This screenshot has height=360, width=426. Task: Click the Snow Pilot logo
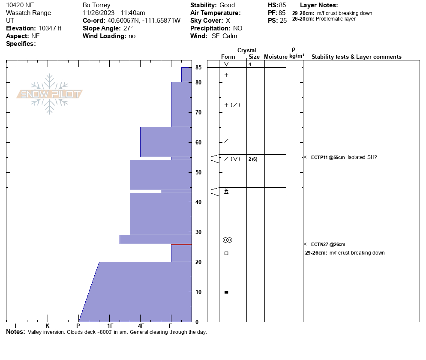(50, 94)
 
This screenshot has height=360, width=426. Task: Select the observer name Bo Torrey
(96, 5)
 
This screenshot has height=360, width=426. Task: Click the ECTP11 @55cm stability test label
(328, 157)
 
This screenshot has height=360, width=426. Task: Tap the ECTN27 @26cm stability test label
(328, 244)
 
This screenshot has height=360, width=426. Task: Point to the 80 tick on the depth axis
(198, 82)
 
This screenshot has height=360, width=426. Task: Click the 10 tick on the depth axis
(198, 292)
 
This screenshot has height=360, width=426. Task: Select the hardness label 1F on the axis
(110, 326)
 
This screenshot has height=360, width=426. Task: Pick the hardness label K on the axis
(48, 326)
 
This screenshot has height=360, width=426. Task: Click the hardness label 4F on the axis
(141, 326)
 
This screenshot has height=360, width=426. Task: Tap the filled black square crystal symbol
(226, 292)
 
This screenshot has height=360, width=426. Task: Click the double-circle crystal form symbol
(228, 240)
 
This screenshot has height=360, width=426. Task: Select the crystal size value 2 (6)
(253, 159)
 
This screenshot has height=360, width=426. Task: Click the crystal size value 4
(249, 64)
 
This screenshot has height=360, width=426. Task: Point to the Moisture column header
(276, 57)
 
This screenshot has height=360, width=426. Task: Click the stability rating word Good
(227, 5)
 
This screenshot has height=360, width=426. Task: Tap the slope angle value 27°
(128, 28)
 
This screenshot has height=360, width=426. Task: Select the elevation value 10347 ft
(50, 28)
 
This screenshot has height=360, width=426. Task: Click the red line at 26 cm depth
(181, 245)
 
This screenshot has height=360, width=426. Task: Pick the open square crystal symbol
(226, 253)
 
